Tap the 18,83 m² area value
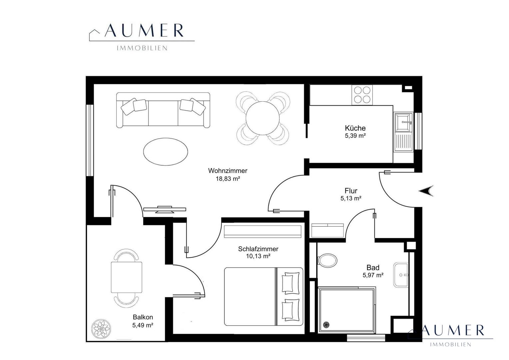228,179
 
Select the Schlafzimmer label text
258,249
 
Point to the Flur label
351,191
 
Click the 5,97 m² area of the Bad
373,275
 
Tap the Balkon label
143,317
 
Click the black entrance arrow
426,191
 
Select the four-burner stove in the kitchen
362,95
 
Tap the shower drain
326,325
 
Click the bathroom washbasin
401,275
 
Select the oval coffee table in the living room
166,151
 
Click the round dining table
263,118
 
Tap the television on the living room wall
165,209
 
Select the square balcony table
127,277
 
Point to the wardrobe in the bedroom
263,232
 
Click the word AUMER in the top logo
144,30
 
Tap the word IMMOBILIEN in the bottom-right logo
451,345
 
